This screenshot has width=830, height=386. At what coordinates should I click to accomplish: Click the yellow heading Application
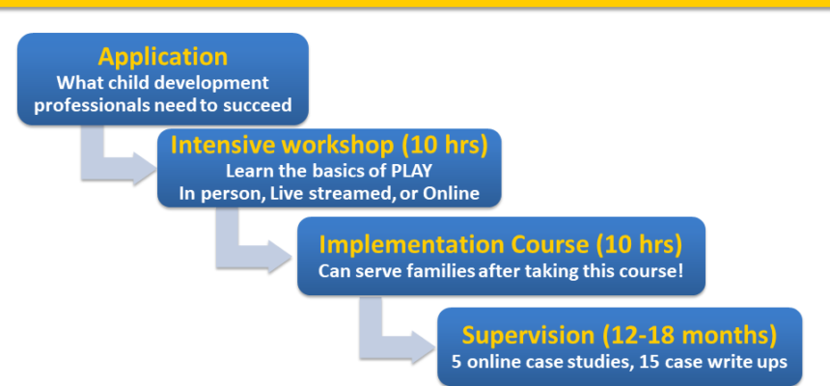pyautogui.click(x=162, y=57)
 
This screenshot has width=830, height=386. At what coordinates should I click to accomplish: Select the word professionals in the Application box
pyautogui.click(x=93, y=105)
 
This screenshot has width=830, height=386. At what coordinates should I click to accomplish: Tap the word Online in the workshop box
pyautogui.click(x=451, y=193)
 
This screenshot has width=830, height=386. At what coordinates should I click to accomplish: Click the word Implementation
pyautogui.click(x=411, y=244)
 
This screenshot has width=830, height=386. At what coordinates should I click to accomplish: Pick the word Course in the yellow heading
pyautogui.click(x=549, y=244)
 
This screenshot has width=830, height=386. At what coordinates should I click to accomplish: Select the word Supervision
pyautogui.click(x=528, y=335)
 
